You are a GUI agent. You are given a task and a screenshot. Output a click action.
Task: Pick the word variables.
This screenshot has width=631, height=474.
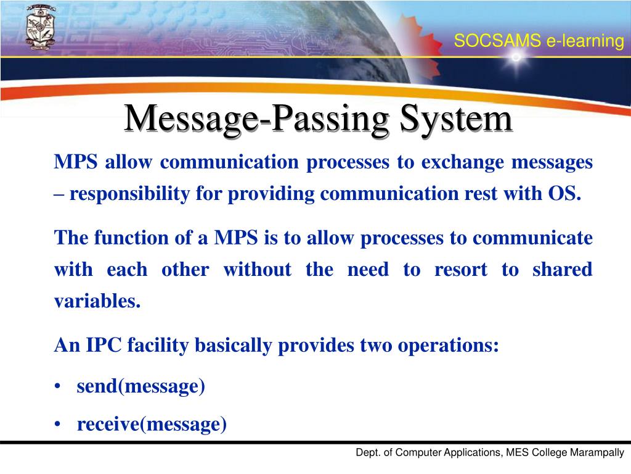(97, 302)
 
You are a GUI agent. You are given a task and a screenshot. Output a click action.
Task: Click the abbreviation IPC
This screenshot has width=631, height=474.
(102, 346)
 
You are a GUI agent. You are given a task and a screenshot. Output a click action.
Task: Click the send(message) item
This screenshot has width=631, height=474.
(140, 386)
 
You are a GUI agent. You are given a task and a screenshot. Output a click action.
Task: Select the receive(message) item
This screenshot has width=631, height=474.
(152, 425)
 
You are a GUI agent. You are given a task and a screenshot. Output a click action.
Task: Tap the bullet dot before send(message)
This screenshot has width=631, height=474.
(57, 387)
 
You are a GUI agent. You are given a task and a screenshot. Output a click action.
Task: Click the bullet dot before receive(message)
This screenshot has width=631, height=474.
(57, 425)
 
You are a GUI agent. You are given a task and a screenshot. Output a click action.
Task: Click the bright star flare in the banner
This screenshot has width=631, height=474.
(516, 57)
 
